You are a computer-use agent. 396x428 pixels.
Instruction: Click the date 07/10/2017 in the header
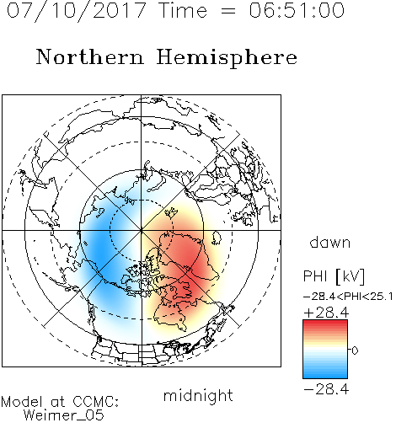point(77,11)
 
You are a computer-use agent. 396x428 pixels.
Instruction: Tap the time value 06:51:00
point(297,10)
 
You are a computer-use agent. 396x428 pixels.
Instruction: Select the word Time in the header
point(183,10)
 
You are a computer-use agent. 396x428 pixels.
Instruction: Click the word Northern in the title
point(90,56)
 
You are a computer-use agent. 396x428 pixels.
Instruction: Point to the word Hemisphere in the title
point(227,58)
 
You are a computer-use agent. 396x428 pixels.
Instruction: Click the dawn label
point(330,242)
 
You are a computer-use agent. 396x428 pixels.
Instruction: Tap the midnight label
point(198,396)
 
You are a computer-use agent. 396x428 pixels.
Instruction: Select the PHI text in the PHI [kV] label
point(315,276)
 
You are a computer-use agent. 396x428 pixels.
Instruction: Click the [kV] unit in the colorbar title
point(351,276)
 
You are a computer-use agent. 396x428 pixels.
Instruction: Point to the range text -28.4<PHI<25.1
point(348,297)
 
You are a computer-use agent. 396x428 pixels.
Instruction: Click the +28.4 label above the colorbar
point(326,313)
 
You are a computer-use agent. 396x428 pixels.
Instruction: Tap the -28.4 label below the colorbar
point(326,389)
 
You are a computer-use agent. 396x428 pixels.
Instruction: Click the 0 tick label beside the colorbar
point(355,350)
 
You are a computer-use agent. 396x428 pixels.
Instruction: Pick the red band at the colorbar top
point(325,324)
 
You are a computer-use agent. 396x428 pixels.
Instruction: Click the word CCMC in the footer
point(95,402)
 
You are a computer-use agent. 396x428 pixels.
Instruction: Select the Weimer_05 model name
point(64,415)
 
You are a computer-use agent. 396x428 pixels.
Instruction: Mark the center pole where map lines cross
point(142,230)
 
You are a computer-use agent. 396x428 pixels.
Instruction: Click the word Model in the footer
point(22,402)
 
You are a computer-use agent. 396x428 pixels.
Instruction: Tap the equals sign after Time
point(228,11)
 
